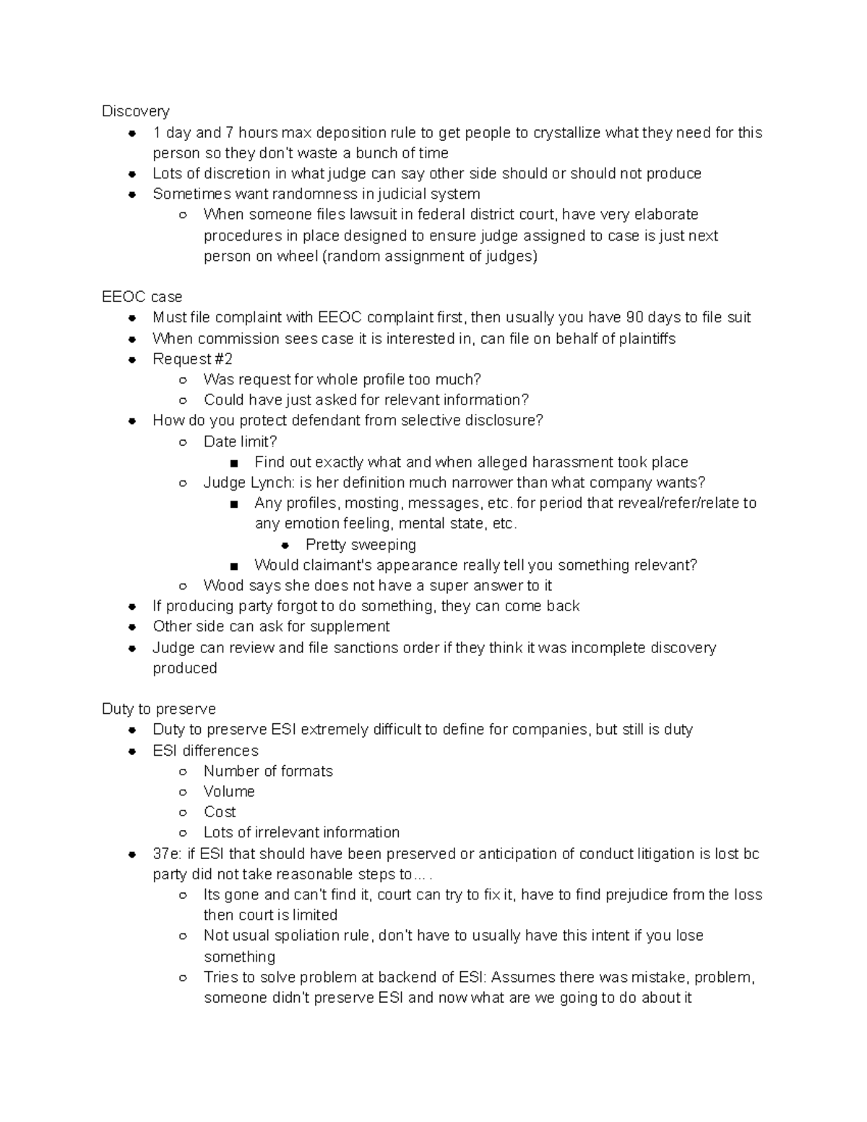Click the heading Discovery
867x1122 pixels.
(135, 111)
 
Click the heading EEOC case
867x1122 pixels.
(142, 297)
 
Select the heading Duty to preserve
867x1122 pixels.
(159, 709)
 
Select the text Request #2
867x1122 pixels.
(192, 359)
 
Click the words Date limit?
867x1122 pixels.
(240, 441)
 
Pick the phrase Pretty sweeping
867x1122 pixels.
(361, 544)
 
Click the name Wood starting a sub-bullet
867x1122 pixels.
(223, 585)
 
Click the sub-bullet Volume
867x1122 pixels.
(228, 791)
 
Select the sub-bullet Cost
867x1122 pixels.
(220, 811)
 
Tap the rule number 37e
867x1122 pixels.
(167, 854)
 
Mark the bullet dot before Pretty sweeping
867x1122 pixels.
(285, 545)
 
